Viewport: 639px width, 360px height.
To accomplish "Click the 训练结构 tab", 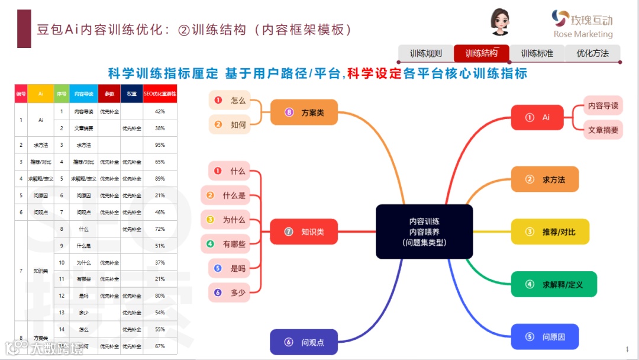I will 481,53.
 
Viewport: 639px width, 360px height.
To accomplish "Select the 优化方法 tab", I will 592,53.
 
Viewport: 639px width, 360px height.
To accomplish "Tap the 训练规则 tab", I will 426,53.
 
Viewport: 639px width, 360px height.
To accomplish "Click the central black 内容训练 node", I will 424,232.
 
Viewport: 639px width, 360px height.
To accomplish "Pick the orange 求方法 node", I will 544,179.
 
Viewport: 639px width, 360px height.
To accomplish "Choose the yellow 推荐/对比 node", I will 550,232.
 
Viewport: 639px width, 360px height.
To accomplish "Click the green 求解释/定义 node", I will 554,284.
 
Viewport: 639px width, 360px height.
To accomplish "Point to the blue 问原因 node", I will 544,337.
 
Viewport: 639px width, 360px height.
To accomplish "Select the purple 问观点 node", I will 304,342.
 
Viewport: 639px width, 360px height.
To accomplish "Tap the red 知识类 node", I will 304,232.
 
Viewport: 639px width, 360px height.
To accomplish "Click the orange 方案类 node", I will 304,112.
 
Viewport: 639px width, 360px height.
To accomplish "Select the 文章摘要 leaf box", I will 603,130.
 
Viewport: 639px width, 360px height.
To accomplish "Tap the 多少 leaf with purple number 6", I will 230,292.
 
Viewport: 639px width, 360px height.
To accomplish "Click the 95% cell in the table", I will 160,145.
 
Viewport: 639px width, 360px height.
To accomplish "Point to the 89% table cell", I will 160,179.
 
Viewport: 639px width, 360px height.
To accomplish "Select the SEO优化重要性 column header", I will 160,94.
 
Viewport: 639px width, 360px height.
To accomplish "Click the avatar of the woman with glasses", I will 500,22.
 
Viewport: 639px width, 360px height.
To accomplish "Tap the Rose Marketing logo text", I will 583,34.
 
